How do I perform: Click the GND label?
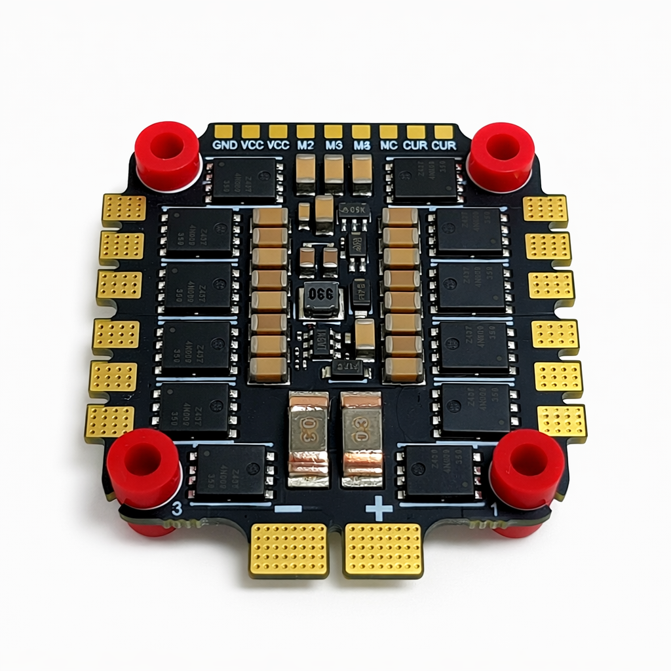225,145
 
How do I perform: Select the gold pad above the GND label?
223,131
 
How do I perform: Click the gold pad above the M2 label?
305,131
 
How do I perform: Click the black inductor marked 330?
320,300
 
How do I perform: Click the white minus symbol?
288,508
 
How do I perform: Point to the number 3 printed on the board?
176,508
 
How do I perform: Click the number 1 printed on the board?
494,509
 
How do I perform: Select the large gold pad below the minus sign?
289,549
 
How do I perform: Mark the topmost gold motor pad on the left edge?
125,208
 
